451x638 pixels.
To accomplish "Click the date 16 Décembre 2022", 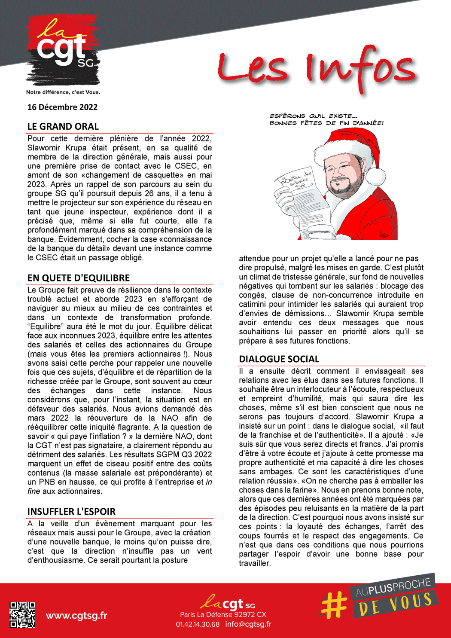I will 62,107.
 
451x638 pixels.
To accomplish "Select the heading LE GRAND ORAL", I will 63,127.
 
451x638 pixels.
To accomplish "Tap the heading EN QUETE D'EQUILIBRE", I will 79,278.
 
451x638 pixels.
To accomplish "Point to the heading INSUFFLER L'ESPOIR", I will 71,512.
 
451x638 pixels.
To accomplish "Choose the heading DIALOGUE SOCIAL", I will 279,359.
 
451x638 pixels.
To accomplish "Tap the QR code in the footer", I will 23,615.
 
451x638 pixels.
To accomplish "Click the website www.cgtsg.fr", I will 76,616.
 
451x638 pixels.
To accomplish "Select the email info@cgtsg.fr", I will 248,624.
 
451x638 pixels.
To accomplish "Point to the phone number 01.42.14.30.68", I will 198,624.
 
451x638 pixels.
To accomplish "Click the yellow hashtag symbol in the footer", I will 334,603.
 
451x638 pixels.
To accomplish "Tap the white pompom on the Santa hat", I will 375,177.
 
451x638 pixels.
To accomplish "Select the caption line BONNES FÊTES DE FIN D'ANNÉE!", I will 326,123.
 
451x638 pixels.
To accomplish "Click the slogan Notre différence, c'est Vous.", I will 63,92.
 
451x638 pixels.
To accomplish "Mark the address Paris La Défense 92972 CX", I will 223,615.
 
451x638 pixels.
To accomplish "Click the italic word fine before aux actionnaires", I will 34,491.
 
